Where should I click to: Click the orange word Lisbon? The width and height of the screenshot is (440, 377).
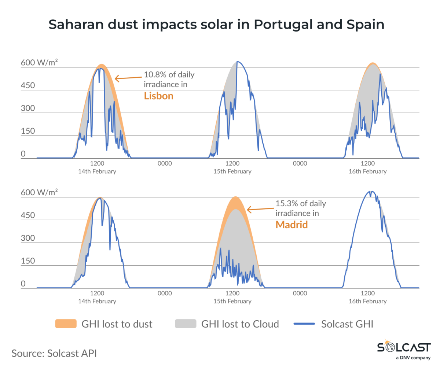pyautogui.click(x=158, y=96)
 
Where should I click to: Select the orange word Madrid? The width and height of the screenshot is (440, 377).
pyautogui.click(x=291, y=225)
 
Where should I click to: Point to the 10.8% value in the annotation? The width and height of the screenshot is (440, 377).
pyautogui.click(x=155, y=75)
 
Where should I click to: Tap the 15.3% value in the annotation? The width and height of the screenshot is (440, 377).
pyautogui.click(x=287, y=204)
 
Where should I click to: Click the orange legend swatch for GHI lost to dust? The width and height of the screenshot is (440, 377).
pyautogui.click(x=66, y=324)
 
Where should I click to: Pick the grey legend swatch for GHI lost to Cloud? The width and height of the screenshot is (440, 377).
pyautogui.click(x=186, y=324)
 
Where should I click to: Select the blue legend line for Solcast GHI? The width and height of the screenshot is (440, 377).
pyautogui.click(x=304, y=324)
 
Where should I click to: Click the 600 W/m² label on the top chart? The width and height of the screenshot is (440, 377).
pyautogui.click(x=39, y=63)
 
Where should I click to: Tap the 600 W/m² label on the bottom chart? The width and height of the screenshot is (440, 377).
pyautogui.click(x=39, y=192)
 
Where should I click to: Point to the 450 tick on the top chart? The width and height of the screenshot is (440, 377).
pyautogui.click(x=28, y=86)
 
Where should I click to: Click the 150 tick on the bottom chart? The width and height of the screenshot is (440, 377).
pyautogui.click(x=28, y=261)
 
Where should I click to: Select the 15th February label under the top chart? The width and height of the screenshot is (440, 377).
pyautogui.click(x=232, y=171)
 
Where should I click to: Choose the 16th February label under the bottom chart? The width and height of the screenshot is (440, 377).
pyautogui.click(x=367, y=301)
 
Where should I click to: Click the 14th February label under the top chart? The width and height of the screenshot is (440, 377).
pyautogui.click(x=97, y=171)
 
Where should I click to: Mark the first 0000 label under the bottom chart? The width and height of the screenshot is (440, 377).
pyautogui.click(x=165, y=293)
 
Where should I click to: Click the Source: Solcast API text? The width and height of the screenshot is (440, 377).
pyautogui.click(x=54, y=353)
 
